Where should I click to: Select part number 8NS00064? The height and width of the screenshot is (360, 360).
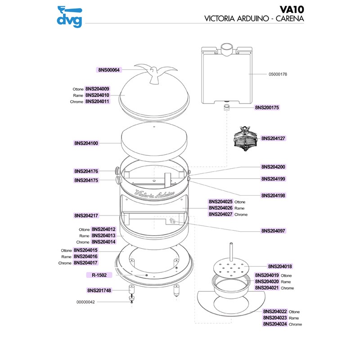(x=108, y=70)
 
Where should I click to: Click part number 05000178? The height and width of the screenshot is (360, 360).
(x=278, y=74)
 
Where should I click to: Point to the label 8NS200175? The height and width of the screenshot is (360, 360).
(x=267, y=108)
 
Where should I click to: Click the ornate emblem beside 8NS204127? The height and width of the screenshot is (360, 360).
(x=245, y=139)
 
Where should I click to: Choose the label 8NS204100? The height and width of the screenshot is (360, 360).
(x=86, y=144)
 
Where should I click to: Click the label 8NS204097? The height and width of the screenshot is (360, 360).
(x=273, y=231)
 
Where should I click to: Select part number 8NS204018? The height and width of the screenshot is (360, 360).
(x=280, y=266)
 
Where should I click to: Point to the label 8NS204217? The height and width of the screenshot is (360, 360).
(x=86, y=216)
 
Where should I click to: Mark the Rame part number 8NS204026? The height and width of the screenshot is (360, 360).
(x=220, y=208)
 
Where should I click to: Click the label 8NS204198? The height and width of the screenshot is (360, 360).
(x=273, y=196)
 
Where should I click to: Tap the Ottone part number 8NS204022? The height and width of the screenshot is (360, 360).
(x=275, y=311)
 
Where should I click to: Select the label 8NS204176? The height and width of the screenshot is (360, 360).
(x=86, y=171)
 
